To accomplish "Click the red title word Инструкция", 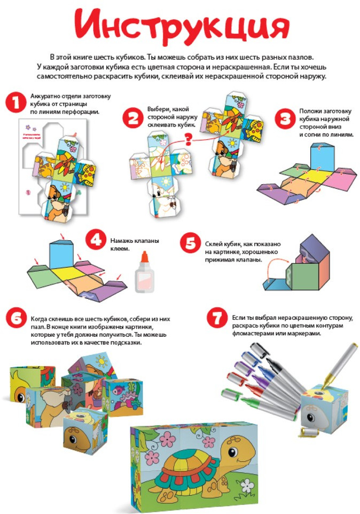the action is tap(181, 28).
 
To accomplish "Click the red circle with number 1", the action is tap(15, 102).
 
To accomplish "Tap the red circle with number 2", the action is tap(133, 118).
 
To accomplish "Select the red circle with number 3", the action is tap(285, 118).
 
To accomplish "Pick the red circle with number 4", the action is tap(96, 240).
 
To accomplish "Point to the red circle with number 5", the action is tap(190, 243).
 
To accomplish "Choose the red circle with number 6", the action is tap(16, 318).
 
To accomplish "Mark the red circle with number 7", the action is tap(217, 318).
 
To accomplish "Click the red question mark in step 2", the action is tap(188, 139).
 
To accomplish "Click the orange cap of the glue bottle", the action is tap(144, 256).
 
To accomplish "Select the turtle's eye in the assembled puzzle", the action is tap(233, 452).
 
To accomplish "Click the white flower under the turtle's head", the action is tap(247, 486).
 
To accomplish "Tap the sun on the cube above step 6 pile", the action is tap(102, 362).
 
